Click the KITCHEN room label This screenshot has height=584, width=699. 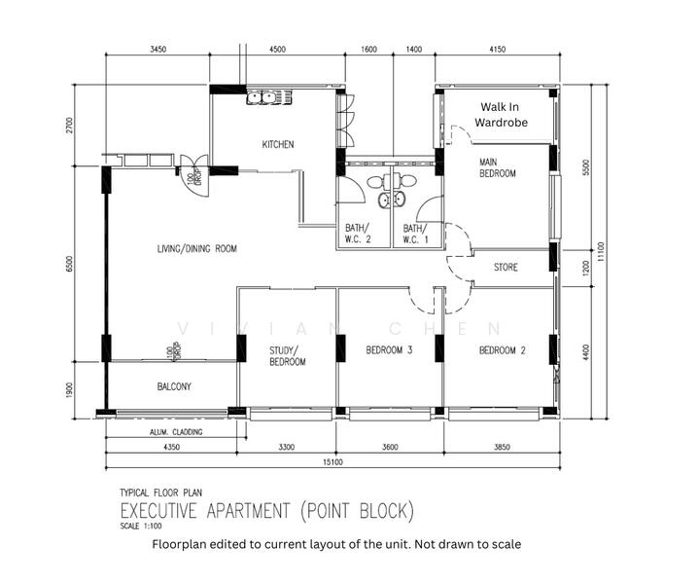pyautogui.click(x=277, y=145)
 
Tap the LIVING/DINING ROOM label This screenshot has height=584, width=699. pyautogui.click(x=197, y=249)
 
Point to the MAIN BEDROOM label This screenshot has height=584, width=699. pyautogui.click(x=497, y=167)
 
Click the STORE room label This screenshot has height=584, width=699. pyautogui.click(x=506, y=268)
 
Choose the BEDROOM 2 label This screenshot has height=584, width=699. pyautogui.click(x=501, y=350)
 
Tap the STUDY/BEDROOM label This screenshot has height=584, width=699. pyautogui.click(x=287, y=356)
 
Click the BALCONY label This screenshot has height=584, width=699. pyautogui.click(x=174, y=386)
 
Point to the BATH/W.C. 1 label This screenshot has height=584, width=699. pyautogui.click(x=415, y=234)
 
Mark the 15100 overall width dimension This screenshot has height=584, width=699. pyautogui.click(x=333, y=463)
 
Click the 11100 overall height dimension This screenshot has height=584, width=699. pyautogui.click(x=602, y=252)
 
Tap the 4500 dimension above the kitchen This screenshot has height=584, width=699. pyautogui.click(x=277, y=49)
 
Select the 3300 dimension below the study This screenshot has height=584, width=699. pyautogui.click(x=287, y=447)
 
